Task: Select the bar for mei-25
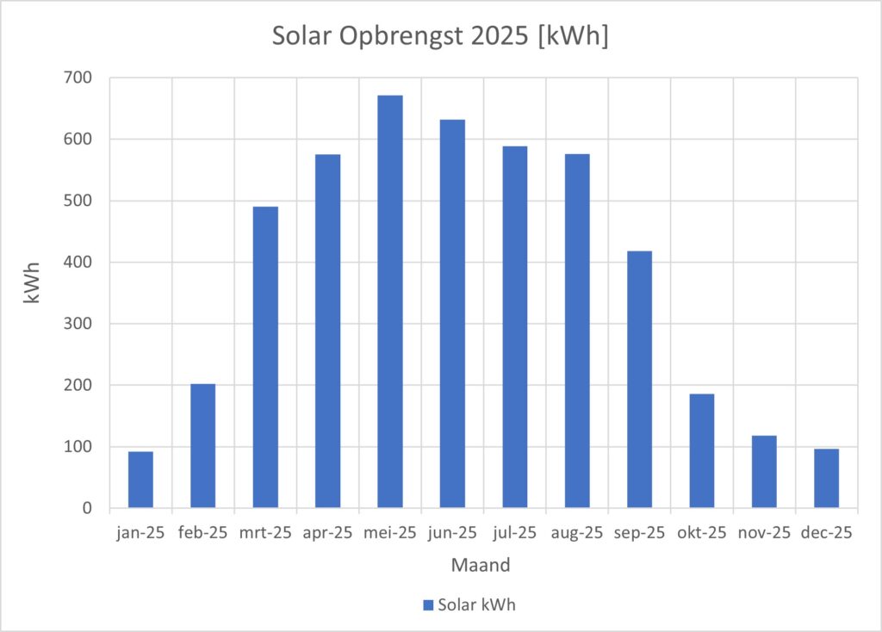point(390,301)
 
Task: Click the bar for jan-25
point(140,480)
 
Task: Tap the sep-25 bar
point(639,379)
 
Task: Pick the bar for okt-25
point(702,450)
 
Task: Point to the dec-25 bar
point(826,478)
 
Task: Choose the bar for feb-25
point(203,445)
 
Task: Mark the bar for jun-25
point(452,313)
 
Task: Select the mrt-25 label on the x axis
point(265,533)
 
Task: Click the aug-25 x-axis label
point(577,533)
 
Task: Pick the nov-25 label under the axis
point(764,533)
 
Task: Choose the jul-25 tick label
point(515,533)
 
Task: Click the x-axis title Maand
point(481,566)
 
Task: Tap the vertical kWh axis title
point(32,293)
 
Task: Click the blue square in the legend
point(427,605)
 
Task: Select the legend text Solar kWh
point(477,605)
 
